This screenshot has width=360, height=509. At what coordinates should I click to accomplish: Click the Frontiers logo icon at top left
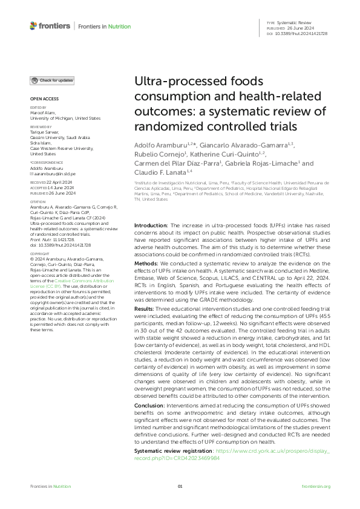tap(33, 26)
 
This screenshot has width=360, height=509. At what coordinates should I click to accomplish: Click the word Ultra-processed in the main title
tap(177, 82)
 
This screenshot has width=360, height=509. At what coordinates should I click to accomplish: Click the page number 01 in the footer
tap(180, 487)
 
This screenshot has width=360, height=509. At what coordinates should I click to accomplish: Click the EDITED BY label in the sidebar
tap(38, 108)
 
